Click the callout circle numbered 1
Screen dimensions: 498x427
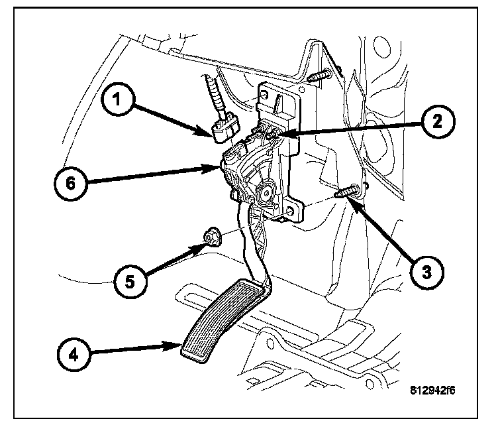pyautogui.click(x=117, y=99)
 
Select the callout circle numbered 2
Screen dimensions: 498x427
pyautogui.click(x=438, y=121)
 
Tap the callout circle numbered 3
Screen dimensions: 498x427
pyautogui.click(x=426, y=272)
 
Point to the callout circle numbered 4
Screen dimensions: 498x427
pyautogui.click(x=74, y=355)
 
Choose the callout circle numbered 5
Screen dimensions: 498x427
pyautogui.click(x=130, y=281)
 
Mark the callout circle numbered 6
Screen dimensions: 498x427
pyautogui.click(x=70, y=184)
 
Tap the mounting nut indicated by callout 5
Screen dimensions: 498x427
pyautogui.click(x=212, y=238)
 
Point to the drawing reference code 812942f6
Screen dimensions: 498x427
pyautogui.click(x=432, y=390)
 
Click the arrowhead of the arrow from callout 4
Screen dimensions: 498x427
pyautogui.click(x=172, y=345)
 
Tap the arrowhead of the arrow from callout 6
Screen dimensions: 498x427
pyautogui.click(x=212, y=167)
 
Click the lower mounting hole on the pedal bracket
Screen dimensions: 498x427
pyautogui.click(x=289, y=212)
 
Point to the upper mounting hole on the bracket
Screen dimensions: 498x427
pyautogui.click(x=264, y=94)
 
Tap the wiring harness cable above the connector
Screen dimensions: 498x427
pyautogui.click(x=213, y=96)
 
